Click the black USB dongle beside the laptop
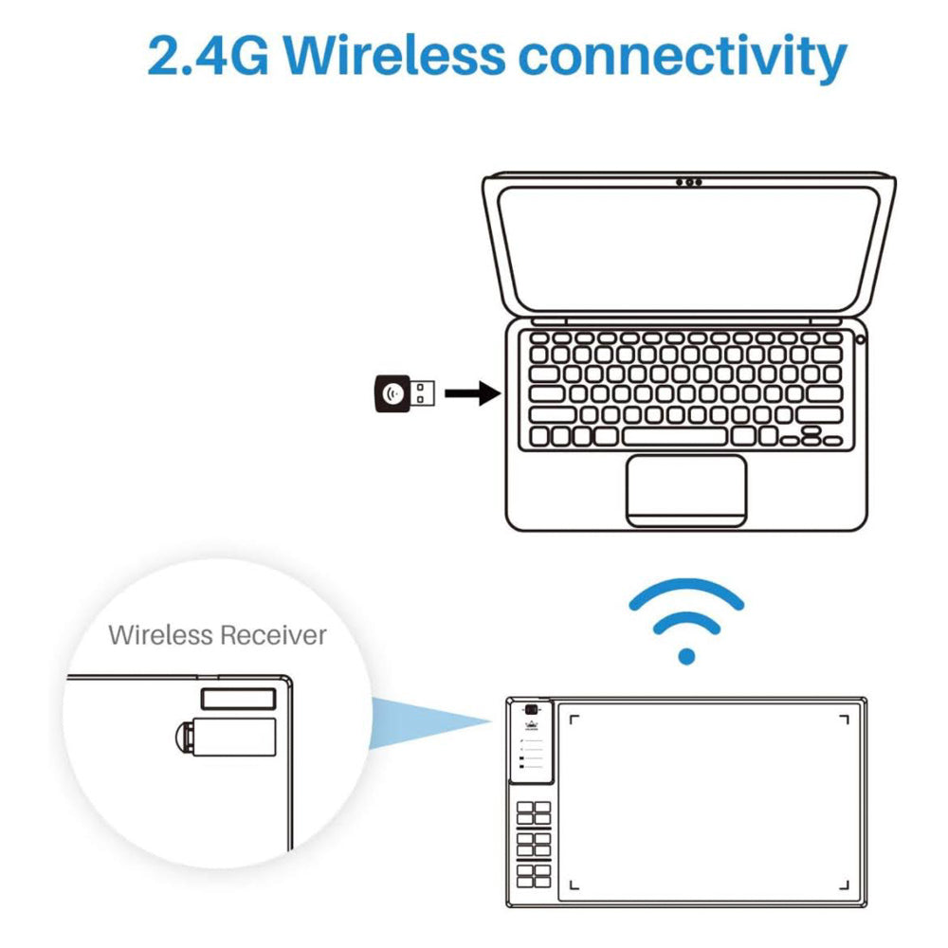tap(404, 392)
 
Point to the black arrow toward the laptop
tap(473, 392)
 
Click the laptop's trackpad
tap(685, 489)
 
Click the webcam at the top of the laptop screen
tap(689, 181)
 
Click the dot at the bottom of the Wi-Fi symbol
tap(688, 656)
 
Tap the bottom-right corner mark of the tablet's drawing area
tap(843, 887)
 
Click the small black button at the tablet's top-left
tap(533, 711)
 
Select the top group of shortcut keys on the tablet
tap(534, 812)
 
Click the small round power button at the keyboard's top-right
tap(860, 338)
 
